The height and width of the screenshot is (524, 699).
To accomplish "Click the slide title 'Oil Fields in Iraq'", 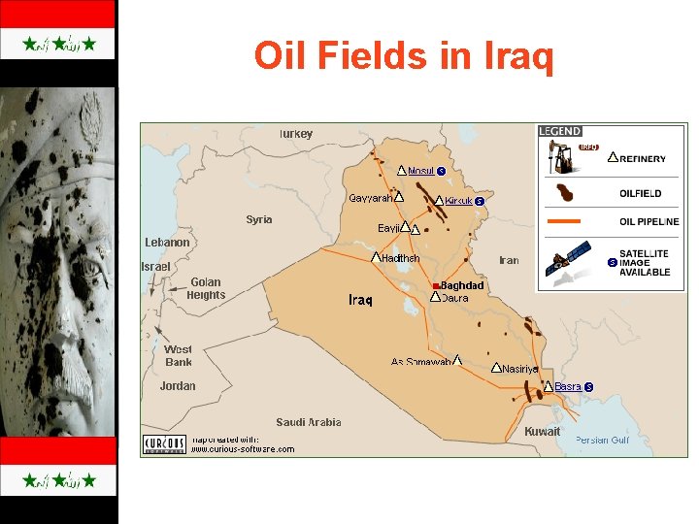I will [x=404, y=56].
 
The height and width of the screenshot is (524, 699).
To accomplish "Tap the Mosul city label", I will [x=420, y=171].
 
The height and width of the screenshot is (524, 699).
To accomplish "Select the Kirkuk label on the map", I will [x=458, y=201].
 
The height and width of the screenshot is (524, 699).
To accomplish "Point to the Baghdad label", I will [x=462, y=285].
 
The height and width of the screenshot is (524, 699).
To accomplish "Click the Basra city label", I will [x=568, y=386].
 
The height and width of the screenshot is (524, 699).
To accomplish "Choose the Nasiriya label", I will [x=520, y=369].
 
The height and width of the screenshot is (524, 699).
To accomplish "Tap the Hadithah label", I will [x=401, y=258].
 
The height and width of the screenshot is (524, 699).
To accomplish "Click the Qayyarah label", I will [x=371, y=198].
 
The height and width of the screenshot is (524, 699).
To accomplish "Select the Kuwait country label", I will [x=542, y=431].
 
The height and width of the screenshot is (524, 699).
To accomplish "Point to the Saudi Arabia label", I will [x=309, y=422].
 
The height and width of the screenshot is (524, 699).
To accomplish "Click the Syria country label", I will [x=259, y=219].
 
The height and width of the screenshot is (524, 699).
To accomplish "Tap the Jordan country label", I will [x=178, y=385].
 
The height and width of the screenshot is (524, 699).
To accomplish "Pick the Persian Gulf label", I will [x=602, y=440].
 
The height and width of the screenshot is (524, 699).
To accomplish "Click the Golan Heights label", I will [x=206, y=289].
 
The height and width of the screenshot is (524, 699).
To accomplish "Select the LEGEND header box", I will [x=560, y=131].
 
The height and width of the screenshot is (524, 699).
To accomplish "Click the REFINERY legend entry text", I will [x=643, y=159].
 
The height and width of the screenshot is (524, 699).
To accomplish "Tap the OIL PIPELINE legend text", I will [x=649, y=221].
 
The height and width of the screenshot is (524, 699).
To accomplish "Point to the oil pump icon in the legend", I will [x=561, y=154].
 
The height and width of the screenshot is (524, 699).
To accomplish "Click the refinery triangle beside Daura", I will [x=434, y=297].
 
